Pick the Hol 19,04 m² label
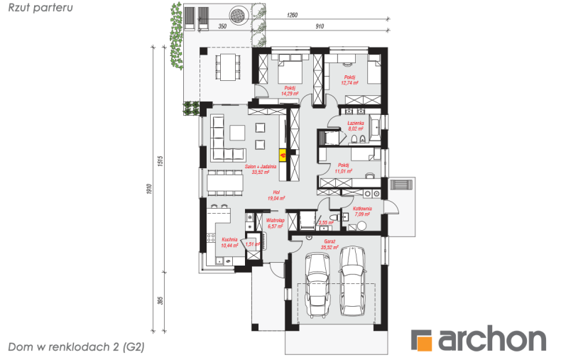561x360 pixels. [x=276, y=196]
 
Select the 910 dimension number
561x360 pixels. [x=319, y=26]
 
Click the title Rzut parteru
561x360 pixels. [x=40, y=7]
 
